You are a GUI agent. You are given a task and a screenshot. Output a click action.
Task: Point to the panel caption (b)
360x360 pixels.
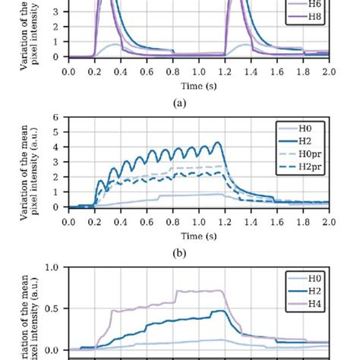point(198,248)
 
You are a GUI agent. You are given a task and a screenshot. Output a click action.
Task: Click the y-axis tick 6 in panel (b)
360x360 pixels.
point(56,117)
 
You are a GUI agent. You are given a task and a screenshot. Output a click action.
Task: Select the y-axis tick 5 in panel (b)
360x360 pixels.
point(56,132)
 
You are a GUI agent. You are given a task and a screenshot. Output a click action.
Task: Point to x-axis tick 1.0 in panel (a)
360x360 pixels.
point(198,71)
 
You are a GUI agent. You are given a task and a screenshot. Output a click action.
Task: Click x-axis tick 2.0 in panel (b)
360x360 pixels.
point(328,222)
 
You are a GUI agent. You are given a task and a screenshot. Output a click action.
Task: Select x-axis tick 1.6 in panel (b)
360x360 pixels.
point(276,222)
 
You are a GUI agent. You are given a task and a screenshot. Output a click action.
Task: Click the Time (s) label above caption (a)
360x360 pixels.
point(198,84)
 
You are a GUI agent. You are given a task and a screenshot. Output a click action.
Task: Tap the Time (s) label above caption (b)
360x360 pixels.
point(198,234)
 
